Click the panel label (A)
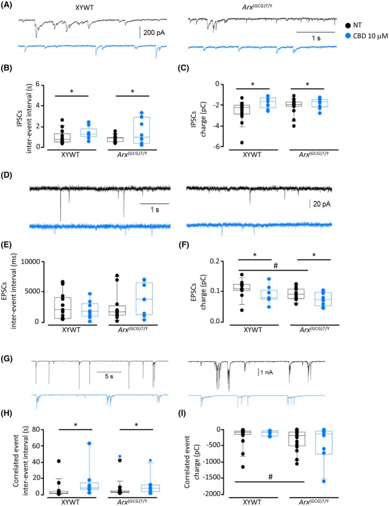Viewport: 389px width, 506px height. (9, 5)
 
